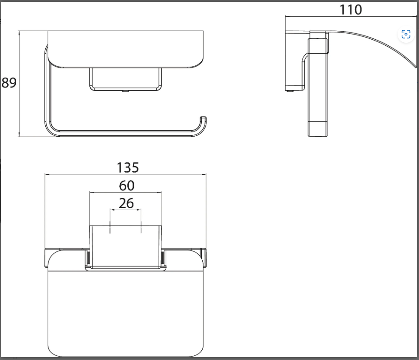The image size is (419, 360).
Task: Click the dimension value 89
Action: [9, 83]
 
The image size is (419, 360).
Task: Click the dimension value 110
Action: [351, 9]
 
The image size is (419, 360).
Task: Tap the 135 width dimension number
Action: [128, 167]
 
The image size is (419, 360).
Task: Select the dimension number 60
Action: [127, 185]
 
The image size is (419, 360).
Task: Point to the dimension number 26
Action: [126, 203]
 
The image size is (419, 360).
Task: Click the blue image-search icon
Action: [406, 34]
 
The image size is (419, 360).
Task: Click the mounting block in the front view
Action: [126, 79]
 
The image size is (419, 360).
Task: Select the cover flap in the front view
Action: [126, 50]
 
